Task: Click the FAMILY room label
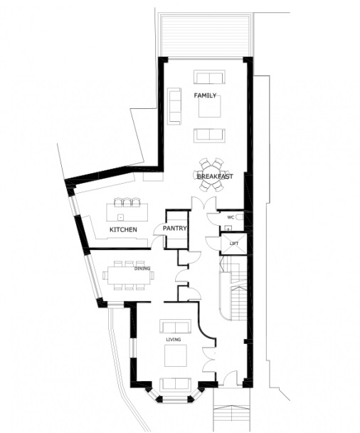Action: pos(205,95)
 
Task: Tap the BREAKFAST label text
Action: pos(215,176)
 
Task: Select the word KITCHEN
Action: pos(123,229)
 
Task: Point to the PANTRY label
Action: pos(174,229)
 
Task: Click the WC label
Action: pos(231,217)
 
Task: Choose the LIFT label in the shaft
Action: pos(233,244)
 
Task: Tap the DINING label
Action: pos(142,268)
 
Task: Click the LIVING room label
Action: pos(174,340)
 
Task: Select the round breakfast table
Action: pos(211,174)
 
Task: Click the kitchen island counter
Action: pos(127,212)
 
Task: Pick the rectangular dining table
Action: pos(129,276)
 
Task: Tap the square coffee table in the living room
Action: pos(176,355)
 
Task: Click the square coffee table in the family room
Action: pos(210,106)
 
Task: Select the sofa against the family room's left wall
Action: pos(174,106)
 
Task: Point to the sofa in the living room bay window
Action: pos(176,385)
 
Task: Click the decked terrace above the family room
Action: pos(206,36)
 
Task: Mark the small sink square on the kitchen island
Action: pos(120,216)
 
